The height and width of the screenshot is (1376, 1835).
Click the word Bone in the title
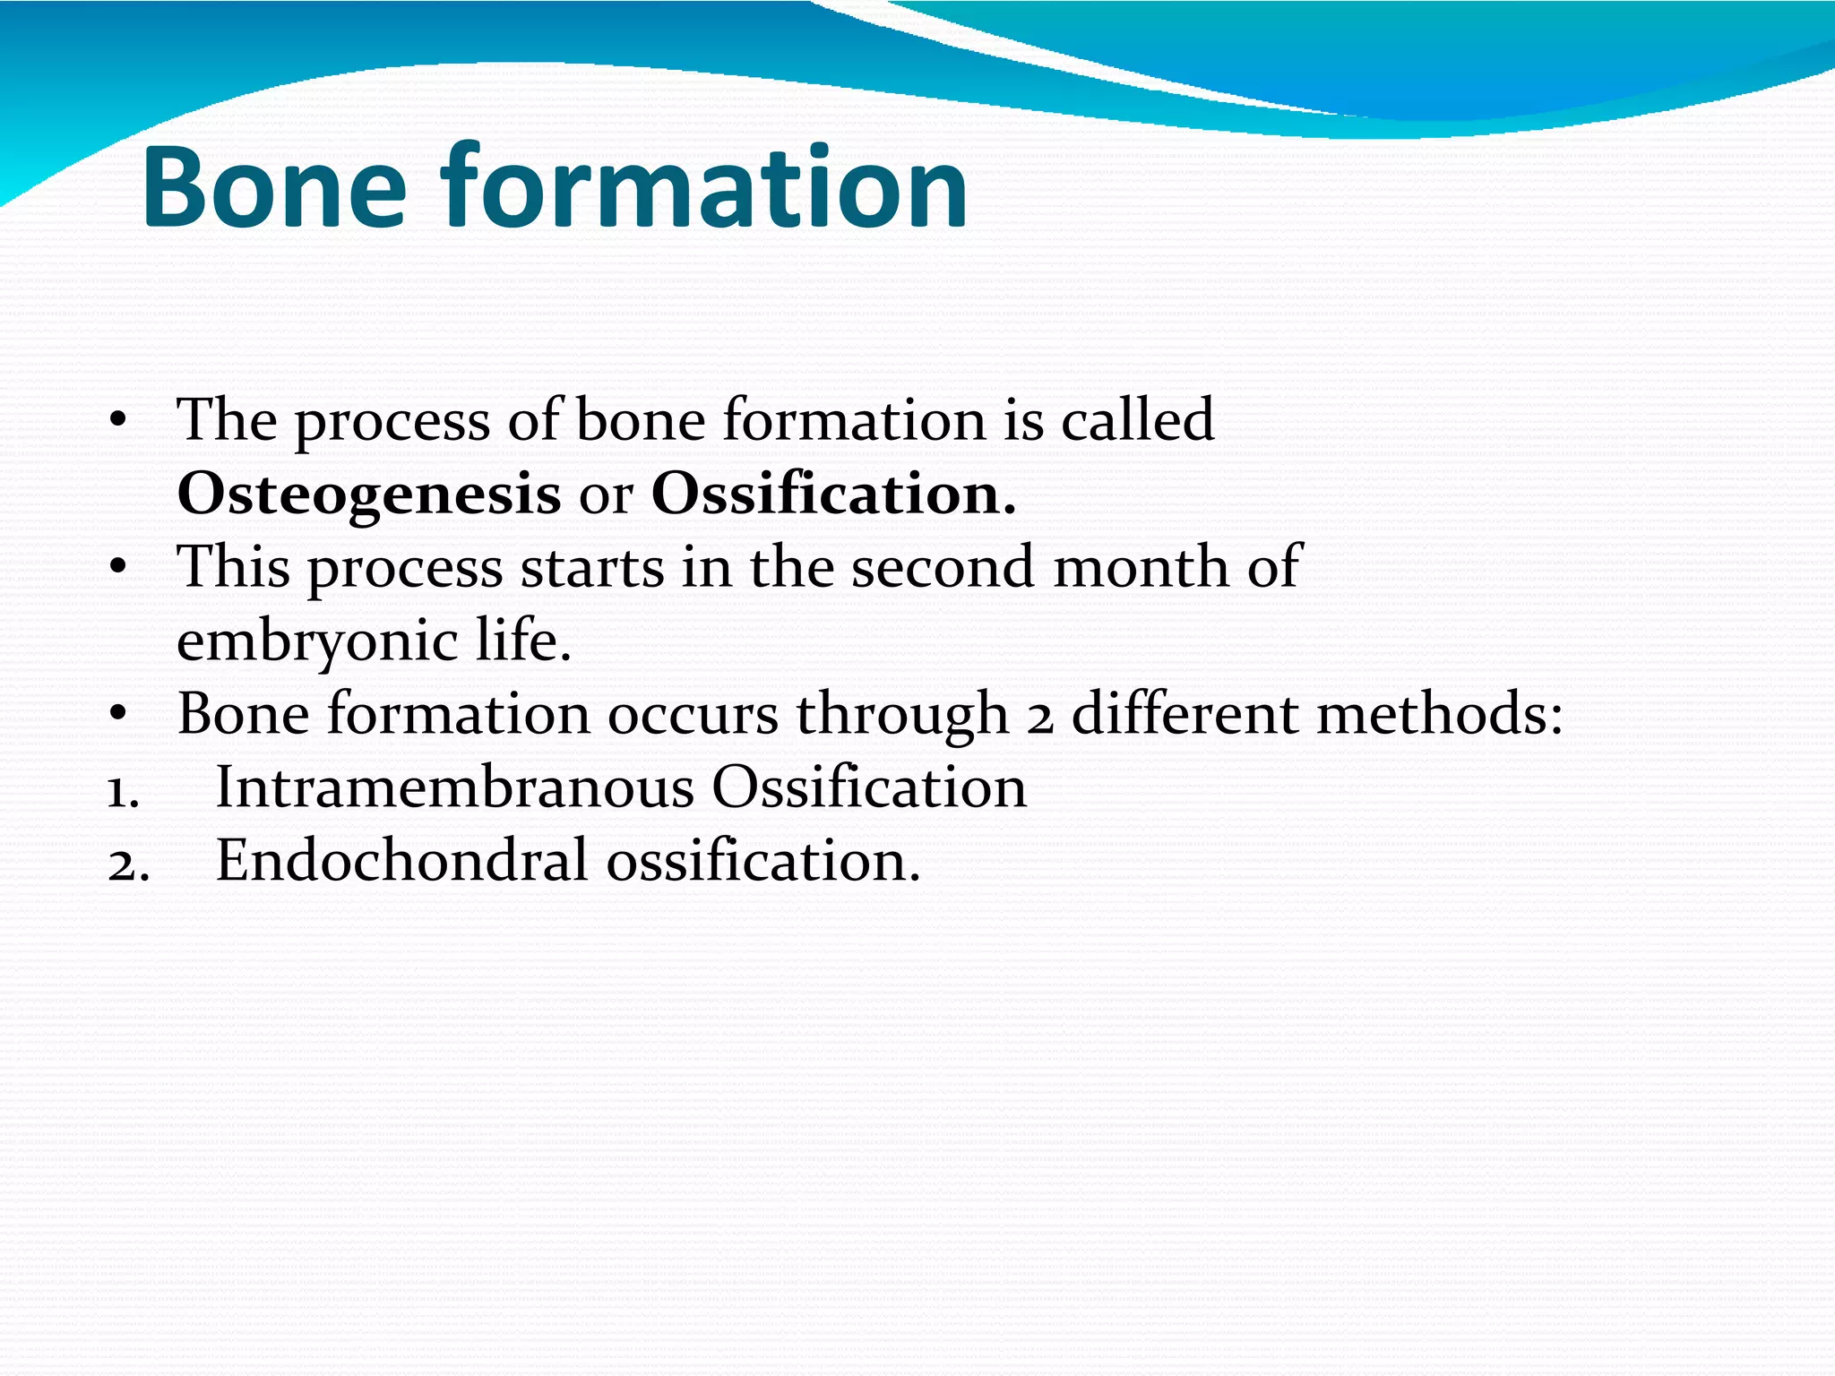[274, 188]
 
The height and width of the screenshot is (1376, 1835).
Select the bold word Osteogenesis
[368, 495]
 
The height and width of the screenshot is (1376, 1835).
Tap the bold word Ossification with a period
[833, 494]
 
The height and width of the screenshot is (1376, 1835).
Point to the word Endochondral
[402, 862]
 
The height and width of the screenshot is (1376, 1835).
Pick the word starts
[592, 568]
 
